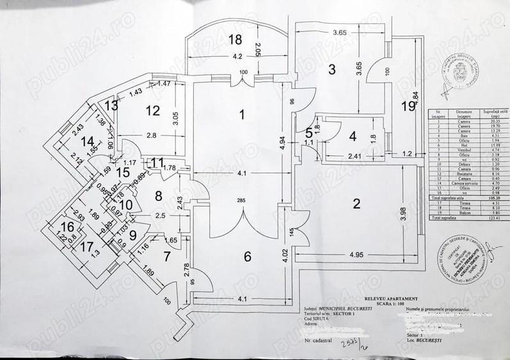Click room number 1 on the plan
tap(242, 115)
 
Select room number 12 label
tap(152, 111)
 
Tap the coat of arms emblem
tap(460, 67)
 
